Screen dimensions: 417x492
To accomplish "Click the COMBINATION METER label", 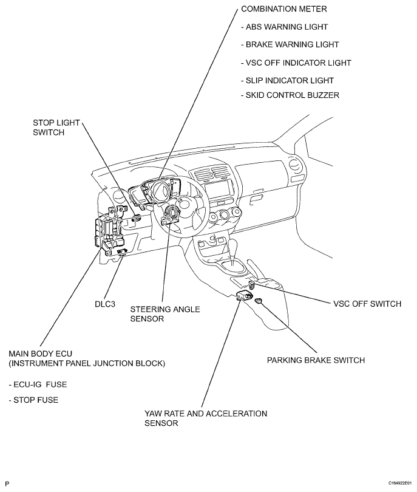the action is coord(283,9).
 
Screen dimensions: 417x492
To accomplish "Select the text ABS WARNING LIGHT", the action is coord(285,27).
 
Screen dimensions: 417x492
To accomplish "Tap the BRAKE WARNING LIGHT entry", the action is coord(290,44).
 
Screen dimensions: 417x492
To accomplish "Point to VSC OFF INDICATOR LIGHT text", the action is coord(296,63).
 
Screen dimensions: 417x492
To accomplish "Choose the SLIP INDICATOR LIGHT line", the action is coord(287,81).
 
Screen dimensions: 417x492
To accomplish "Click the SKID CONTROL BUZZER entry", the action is coord(290,95).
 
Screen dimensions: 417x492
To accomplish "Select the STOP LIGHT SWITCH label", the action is coord(56,128).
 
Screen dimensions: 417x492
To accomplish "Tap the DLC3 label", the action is coord(105,304).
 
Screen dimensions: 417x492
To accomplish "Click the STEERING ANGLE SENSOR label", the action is coord(165,314).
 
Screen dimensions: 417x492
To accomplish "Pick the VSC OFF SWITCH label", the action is coord(367,304).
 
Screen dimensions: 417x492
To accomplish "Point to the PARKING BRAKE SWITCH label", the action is coord(316,360).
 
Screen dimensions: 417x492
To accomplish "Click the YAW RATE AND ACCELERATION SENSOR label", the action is coord(206,419).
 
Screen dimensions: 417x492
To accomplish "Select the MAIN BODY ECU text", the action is coord(41,354).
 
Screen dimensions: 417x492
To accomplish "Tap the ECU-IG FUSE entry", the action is coord(38,384).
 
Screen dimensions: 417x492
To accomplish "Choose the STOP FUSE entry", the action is coord(33,400).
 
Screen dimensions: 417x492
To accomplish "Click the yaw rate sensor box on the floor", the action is coord(244,295).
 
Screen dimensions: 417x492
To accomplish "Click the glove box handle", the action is coord(257,198).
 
